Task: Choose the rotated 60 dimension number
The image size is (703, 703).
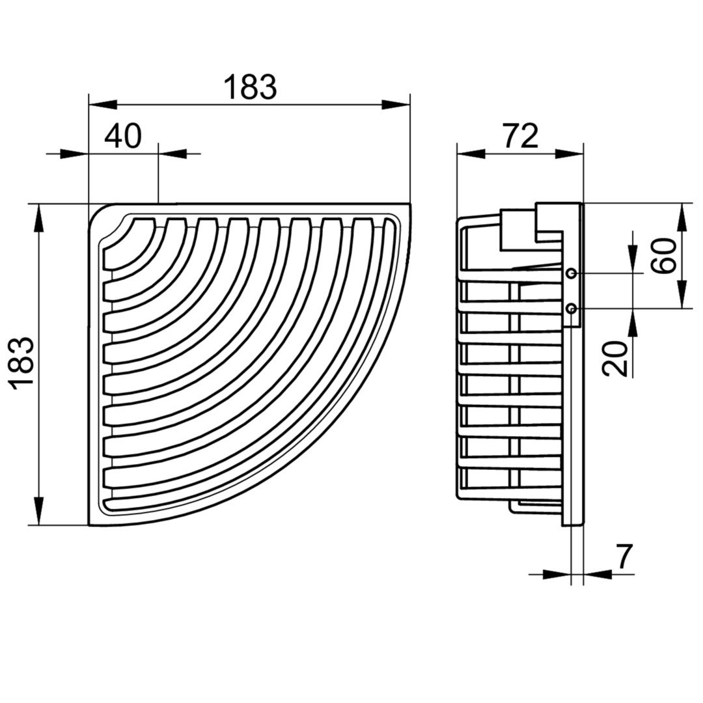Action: coord(663,256)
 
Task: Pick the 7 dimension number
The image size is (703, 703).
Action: coord(624,556)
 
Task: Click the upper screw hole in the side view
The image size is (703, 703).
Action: coord(572,273)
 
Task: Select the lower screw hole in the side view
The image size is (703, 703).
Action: coord(572,308)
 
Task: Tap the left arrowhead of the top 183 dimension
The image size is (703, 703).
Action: coord(103,105)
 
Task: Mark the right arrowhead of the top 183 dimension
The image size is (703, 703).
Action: coord(396,105)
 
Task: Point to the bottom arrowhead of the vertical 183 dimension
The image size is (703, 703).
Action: coord(40,511)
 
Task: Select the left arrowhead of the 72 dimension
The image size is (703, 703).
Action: coord(471,154)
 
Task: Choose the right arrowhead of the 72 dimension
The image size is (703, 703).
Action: coord(570,154)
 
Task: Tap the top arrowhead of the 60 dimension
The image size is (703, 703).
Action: coord(682,218)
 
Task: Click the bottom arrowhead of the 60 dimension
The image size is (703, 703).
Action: coord(682,294)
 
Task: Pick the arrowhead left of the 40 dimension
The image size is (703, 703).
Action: coord(74,154)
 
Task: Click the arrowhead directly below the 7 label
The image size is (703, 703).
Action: coord(598,573)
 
